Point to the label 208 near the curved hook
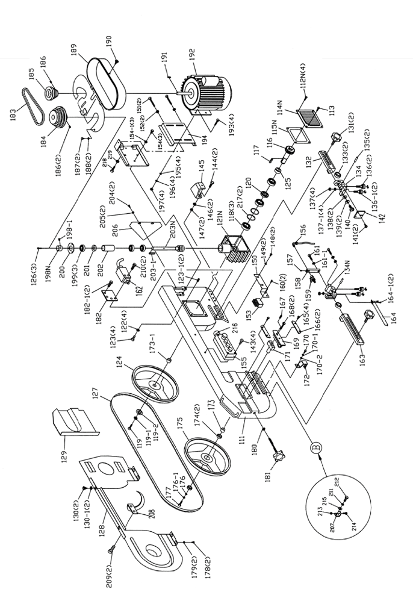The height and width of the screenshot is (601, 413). (x=143, y=509)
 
